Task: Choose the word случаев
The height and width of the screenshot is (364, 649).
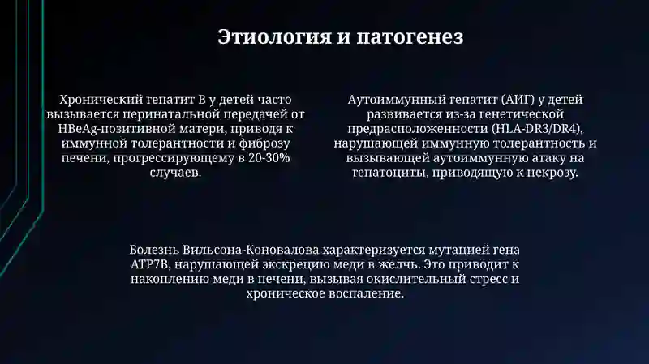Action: coord(176,173)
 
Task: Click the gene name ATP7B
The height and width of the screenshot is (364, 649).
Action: coord(151,264)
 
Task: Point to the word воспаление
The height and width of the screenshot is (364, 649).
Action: coord(364,293)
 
